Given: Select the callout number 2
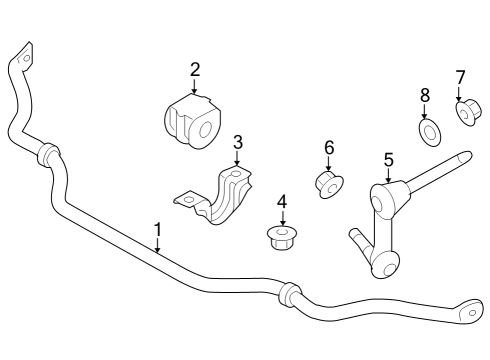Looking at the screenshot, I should pyautogui.click(x=195, y=69).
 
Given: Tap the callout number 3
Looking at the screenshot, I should pyautogui.click(x=237, y=142).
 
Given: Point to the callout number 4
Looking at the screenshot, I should pyautogui.click(x=282, y=202).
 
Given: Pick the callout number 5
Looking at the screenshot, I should pyautogui.click(x=388, y=158).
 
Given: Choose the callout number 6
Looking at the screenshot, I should pyautogui.click(x=328, y=147).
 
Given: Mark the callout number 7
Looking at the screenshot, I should pyautogui.click(x=460, y=77).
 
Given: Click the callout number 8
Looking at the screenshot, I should pyautogui.click(x=425, y=95).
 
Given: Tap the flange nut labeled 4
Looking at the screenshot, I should pyautogui.click(x=282, y=238).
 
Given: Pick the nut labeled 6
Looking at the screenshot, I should pyautogui.click(x=329, y=184).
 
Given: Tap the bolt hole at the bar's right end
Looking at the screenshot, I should pyautogui.click(x=468, y=313).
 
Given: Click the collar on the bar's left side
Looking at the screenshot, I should pyautogui.click(x=47, y=155).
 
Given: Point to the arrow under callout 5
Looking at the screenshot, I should pyautogui.click(x=388, y=175).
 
